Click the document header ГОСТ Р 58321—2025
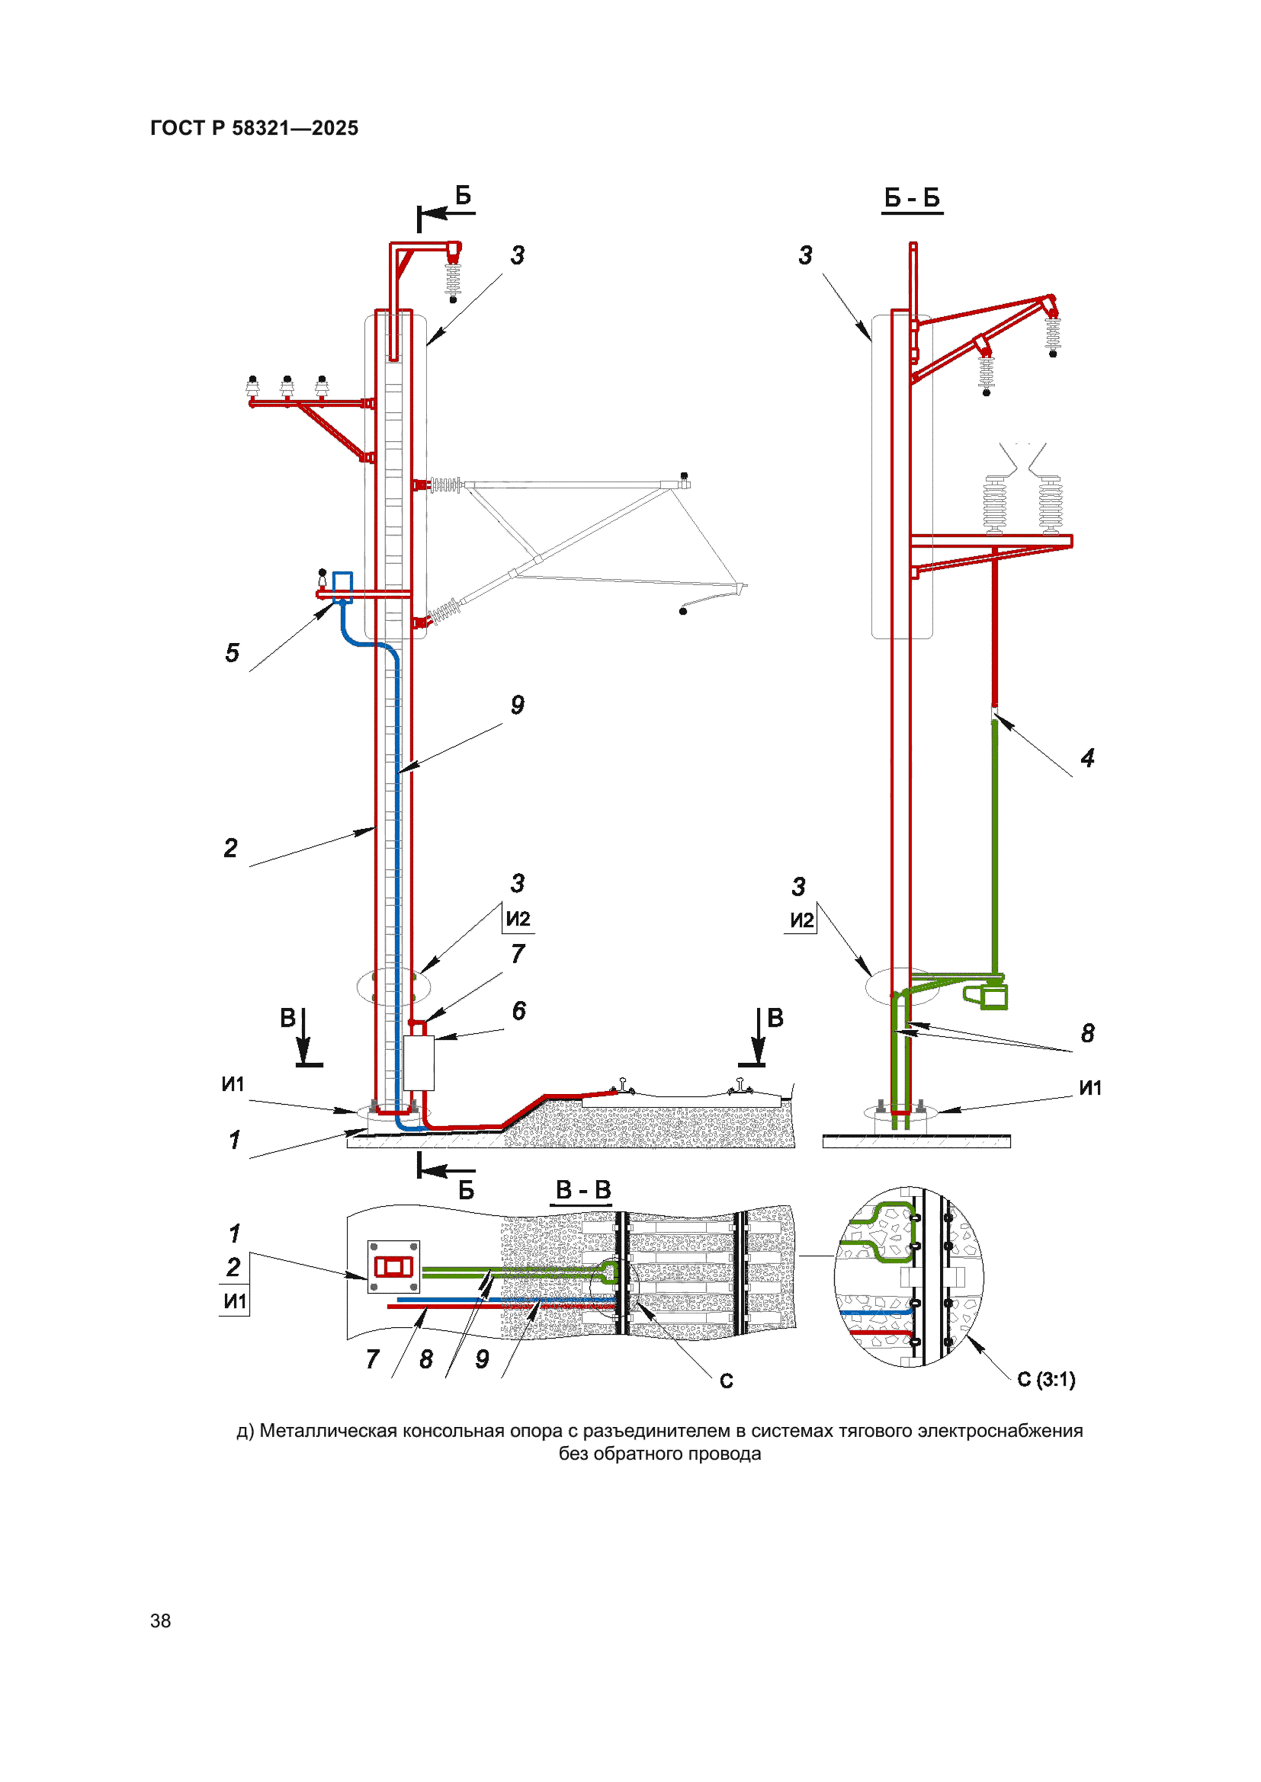254,128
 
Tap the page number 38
161,1620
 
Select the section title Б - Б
913,198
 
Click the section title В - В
583,1189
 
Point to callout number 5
233,653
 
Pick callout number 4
1088,758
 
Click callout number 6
518,1010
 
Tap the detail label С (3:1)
1046,1379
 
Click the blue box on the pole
342,587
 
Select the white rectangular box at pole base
419,1063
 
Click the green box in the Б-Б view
994,997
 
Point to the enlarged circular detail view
910,1277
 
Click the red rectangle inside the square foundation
393,1268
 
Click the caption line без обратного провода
660,1454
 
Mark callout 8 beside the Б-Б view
1088,1033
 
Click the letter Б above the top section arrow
463,195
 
